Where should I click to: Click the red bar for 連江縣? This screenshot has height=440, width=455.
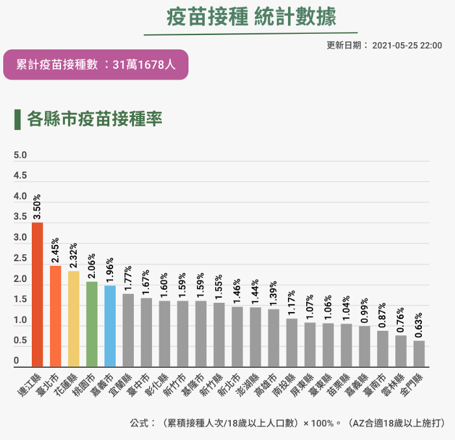[x=37, y=294]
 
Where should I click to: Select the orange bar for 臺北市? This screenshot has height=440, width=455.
[x=55, y=316]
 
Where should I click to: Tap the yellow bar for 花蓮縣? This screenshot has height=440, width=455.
[x=73, y=318]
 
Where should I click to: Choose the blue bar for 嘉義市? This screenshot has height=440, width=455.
[x=110, y=326]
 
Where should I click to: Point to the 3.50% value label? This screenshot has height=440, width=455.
[x=37, y=207]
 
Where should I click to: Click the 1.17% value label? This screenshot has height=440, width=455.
[x=292, y=303]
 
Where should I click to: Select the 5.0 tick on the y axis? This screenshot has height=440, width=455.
[x=20, y=155]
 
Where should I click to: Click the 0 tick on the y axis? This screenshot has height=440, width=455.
[x=16, y=361]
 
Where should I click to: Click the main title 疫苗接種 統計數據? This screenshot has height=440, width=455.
[x=250, y=17]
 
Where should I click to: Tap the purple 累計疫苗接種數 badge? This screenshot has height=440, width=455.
[x=96, y=64]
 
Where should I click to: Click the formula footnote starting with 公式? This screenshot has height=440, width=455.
[x=287, y=423]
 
